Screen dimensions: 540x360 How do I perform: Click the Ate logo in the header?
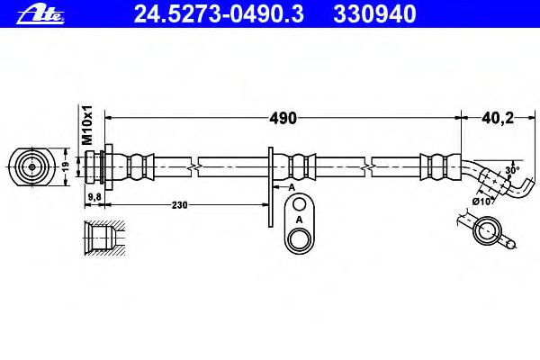40,14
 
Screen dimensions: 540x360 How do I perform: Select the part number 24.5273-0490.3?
219,14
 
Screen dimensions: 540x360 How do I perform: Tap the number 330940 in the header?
374,14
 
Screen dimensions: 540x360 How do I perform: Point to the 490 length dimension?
283,118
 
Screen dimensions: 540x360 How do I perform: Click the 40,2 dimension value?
498,118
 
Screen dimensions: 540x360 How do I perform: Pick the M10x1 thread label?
87,125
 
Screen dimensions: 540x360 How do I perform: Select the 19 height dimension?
66,166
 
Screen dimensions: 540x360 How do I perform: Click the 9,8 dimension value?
94,197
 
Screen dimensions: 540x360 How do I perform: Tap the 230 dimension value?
179,205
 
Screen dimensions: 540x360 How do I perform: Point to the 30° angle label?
512,170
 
